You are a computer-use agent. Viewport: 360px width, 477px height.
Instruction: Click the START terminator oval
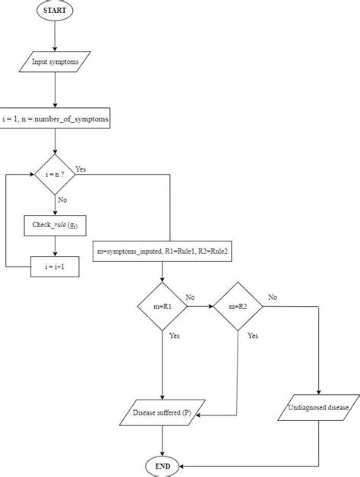55,11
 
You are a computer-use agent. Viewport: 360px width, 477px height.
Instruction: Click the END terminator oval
163,465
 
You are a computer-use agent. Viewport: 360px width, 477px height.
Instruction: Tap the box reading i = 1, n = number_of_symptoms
55,119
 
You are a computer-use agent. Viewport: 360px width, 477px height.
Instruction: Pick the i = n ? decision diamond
55,175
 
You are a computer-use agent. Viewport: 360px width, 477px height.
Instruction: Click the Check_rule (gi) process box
55,226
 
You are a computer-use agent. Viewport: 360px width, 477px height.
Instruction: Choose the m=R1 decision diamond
163,306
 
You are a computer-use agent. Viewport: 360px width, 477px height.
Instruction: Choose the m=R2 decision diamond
237,306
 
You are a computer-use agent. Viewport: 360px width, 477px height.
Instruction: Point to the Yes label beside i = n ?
81,169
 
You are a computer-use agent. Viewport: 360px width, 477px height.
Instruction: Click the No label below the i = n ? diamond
62,199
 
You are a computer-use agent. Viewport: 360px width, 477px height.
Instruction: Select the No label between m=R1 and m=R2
191,297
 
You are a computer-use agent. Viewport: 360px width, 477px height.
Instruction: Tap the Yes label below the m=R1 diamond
174,335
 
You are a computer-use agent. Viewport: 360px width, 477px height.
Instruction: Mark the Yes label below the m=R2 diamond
253,335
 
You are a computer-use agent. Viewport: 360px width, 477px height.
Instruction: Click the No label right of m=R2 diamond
273,297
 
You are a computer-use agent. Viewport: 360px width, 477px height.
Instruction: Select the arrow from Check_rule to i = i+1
55,246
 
